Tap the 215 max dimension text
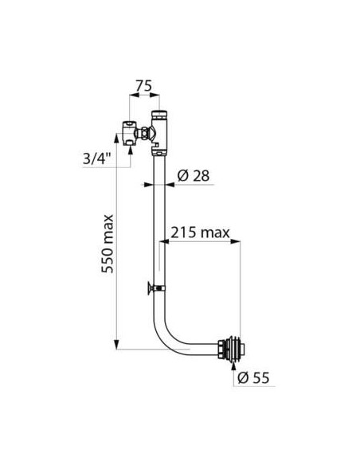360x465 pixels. [199, 232]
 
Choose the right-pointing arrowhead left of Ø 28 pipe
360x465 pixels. [147, 184]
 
